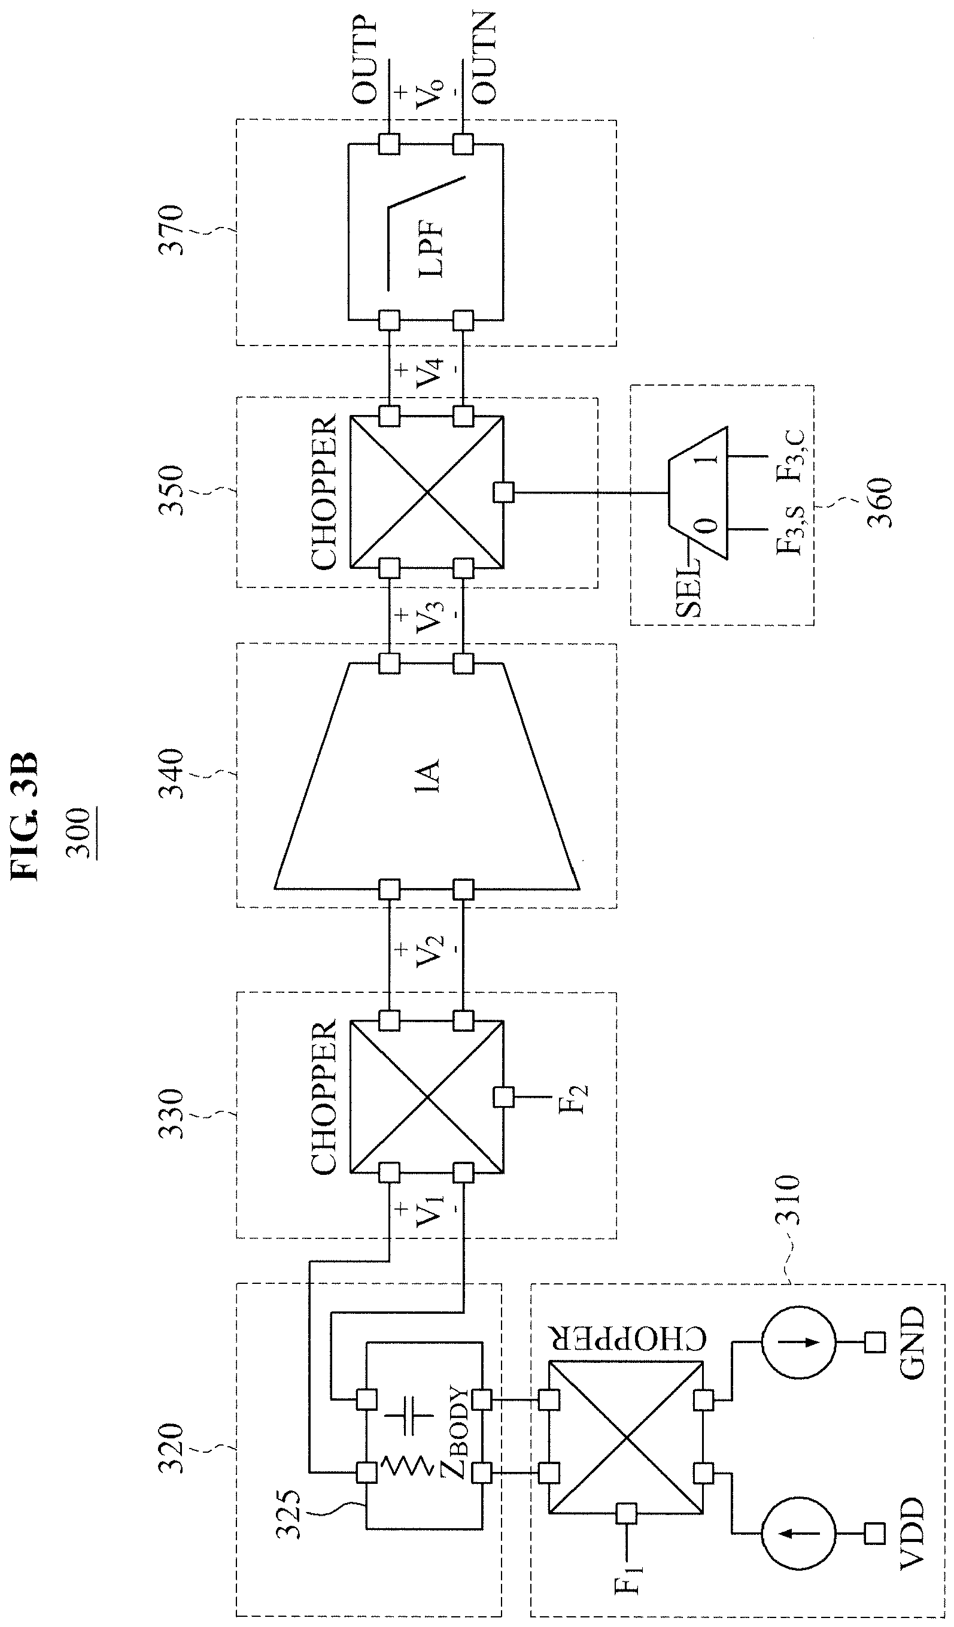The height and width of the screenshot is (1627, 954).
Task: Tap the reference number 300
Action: coord(80,834)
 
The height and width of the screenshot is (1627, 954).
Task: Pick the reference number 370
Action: coord(173,231)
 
